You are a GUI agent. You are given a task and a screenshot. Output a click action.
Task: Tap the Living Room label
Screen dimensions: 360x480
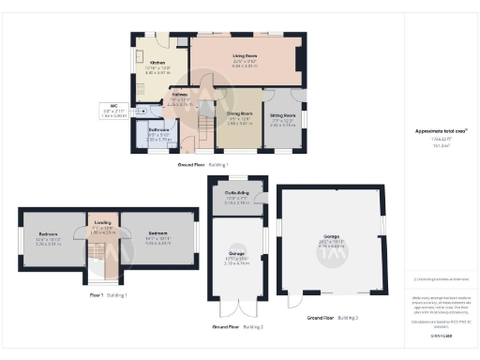[246, 56]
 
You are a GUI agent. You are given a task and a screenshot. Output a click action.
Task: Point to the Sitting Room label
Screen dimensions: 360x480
[282, 117]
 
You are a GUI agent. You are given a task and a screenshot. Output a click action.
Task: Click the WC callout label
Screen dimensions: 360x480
[113, 106]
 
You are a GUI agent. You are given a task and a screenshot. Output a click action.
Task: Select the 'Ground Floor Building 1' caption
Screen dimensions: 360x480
[203, 165]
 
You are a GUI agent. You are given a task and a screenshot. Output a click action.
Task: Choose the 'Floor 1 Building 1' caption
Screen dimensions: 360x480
[108, 295]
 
